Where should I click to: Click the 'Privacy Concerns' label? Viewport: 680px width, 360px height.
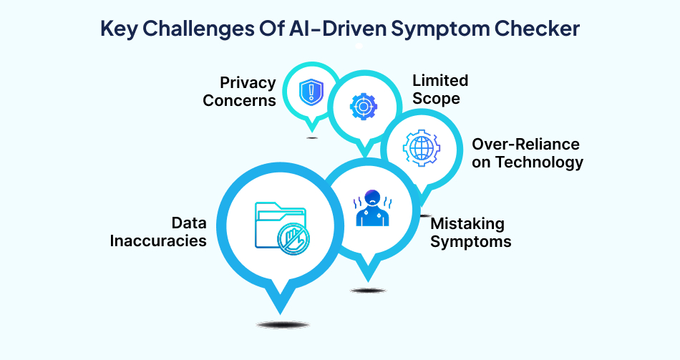[x=239, y=92]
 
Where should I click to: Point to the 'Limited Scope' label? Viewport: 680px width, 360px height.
[x=439, y=89]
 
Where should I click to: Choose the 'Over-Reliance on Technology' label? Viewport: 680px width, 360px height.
[x=527, y=153]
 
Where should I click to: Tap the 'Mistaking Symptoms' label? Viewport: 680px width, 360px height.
[x=470, y=232]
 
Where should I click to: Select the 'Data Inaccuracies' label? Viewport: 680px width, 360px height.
[x=158, y=232]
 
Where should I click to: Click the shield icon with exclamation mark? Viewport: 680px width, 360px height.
[x=309, y=91]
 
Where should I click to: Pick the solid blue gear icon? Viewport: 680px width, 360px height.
[x=363, y=107]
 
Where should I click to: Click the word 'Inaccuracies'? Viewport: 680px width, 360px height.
[x=158, y=240]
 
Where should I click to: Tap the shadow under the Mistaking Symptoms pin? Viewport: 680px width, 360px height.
[x=368, y=290]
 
